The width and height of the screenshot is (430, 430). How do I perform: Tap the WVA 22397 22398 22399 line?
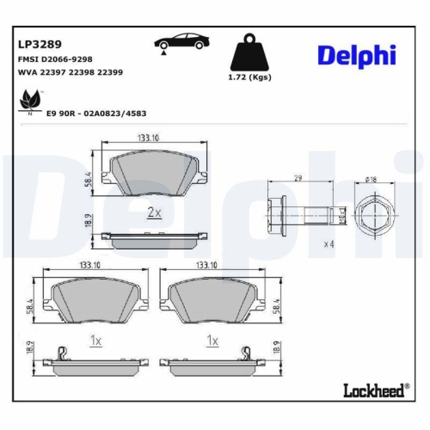point(70,72)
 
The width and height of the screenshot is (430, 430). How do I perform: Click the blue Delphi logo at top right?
point(356,55)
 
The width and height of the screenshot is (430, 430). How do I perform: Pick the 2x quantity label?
point(153,212)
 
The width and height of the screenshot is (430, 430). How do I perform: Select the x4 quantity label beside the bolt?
point(328,244)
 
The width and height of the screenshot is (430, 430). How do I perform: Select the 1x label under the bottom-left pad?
point(95,341)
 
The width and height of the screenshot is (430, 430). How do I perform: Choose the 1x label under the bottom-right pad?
point(212,341)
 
